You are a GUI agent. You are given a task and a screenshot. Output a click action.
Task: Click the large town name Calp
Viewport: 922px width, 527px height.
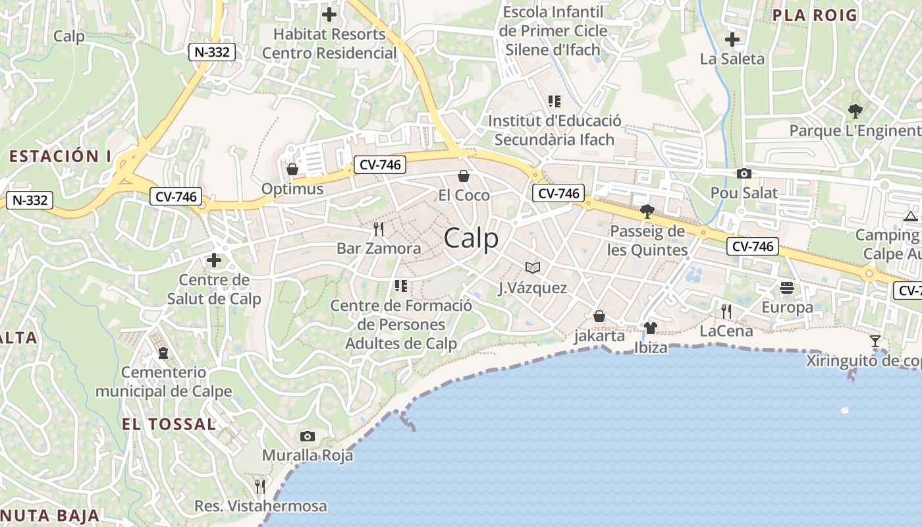tap(471, 238)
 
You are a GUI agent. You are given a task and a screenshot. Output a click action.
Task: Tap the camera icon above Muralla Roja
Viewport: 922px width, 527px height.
tap(307, 436)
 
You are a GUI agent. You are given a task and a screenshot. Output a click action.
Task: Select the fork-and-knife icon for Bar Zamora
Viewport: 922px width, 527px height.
tap(379, 229)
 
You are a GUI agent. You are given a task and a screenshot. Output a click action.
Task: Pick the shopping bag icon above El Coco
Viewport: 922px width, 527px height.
tap(464, 176)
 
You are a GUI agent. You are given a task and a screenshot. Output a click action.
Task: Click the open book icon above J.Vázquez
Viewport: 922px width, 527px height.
tap(533, 267)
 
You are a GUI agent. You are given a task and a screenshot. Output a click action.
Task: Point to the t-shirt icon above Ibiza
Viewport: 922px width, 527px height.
tap(651, 328)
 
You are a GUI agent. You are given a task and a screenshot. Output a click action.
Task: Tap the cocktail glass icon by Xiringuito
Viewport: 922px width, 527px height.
tap(875, 341)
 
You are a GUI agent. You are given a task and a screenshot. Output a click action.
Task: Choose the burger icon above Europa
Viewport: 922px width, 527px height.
tap(787, 288)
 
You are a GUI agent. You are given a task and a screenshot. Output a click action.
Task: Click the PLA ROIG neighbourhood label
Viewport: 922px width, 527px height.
tap(815, 15)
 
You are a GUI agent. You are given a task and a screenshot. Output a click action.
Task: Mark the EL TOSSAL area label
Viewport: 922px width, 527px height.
tap(169, 424)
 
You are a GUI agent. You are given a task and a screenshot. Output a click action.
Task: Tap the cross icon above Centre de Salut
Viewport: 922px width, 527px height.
tap(214, 261)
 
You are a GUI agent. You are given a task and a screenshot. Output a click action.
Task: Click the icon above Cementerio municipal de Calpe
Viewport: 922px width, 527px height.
tap(163, 353)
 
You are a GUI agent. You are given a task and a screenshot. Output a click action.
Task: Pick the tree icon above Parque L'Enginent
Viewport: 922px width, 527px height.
tap(855, 111)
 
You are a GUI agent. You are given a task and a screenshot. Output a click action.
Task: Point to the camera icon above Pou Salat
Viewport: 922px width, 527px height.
tap(744, 174)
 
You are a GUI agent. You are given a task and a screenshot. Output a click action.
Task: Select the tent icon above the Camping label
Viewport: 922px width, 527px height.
tap(911, 216)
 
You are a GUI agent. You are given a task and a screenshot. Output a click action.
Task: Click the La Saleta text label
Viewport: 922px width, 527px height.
tap(732, 59)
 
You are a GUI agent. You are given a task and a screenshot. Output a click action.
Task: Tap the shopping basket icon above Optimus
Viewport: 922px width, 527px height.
tap(292, 170)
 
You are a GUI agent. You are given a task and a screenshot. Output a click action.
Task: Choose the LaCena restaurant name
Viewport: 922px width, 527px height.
tap(726, 331)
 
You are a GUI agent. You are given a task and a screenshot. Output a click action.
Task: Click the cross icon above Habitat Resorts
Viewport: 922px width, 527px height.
tap(329, 14)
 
